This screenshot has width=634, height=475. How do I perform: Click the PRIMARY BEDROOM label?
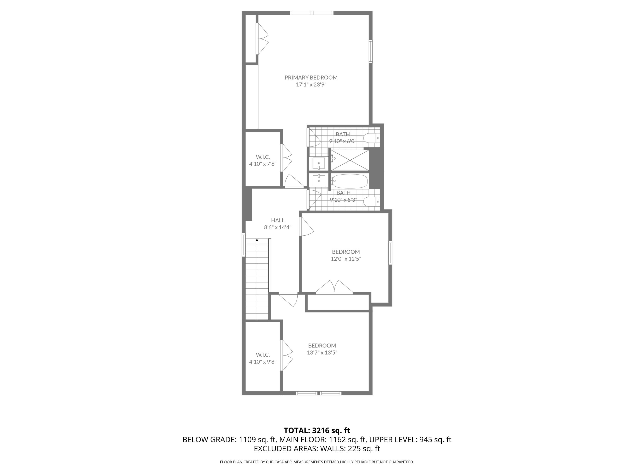click(x=311, y=77)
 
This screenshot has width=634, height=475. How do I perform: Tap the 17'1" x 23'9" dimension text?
click(x=311, y=85)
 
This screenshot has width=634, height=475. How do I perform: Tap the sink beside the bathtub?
click(x=318, y=180)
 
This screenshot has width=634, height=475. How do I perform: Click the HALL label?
click(x=278, y=220)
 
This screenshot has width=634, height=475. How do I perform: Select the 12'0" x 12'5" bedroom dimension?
click(x=346, y=259)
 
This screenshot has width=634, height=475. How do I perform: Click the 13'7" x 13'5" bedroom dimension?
click(x=322, y=353)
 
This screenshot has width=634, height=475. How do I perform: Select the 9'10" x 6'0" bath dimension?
click(x=343, y=141)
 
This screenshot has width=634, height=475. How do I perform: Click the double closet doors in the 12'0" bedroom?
click(x=334, y=287)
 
